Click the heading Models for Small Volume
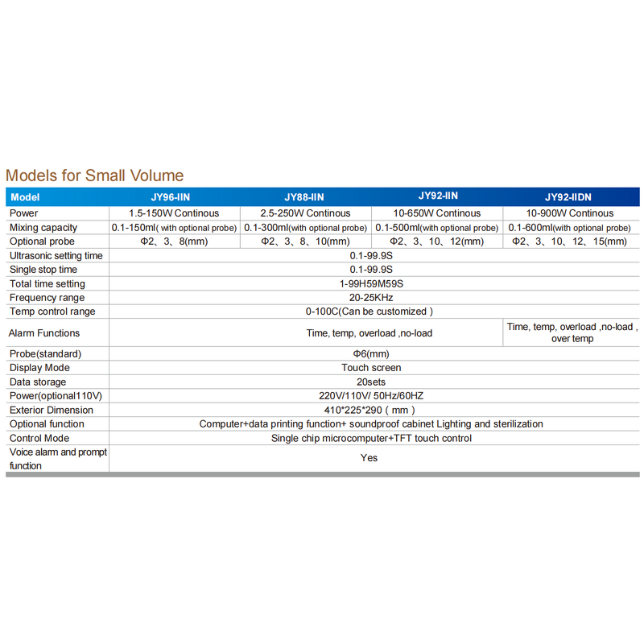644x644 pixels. tap(94, 175)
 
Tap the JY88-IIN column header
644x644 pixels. tap(304, 197)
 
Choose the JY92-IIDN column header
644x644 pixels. tap(568, 197)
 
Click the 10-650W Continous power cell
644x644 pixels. tap(437, 213)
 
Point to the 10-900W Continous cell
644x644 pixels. tap(570, 213)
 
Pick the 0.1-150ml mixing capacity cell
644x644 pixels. tap(174, 228)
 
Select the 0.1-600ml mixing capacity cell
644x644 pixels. tap(568, 228)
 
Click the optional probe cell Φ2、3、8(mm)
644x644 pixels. tap(175, 242)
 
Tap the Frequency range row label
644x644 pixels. tap(47, 298)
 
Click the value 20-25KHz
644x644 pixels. tap(370, 298)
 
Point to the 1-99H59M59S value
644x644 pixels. tap(370, 284)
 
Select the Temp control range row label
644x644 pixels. tap(52, 312)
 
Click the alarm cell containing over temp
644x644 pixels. tap(572, 332)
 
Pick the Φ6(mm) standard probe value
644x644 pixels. tap(370, 354)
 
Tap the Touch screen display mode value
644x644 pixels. tap(370, 368)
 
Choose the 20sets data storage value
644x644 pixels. tap(370, 382)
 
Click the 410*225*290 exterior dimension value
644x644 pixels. tap(370, 410)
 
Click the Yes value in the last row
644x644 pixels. tap(369, 458)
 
